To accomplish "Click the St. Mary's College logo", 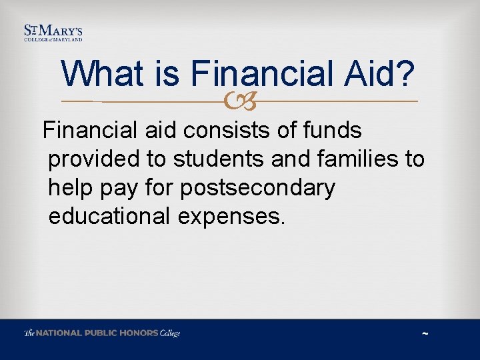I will (x=53, y=33).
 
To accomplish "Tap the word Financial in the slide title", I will (x=263, y=73).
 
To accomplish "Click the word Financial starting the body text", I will (x=85, y=130).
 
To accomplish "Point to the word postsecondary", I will (x=257, y=189).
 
